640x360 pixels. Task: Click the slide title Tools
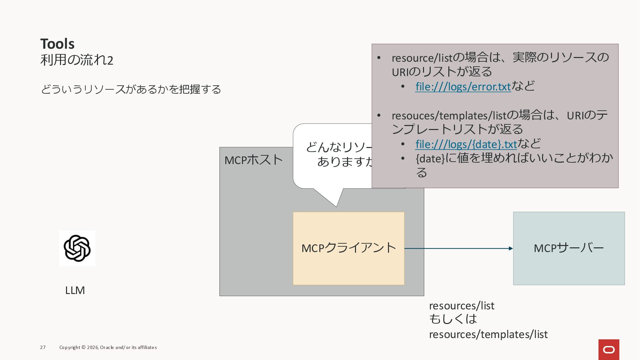click(57, 44)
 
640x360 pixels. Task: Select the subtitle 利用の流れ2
click(77, 60)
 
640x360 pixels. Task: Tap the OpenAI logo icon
click(77, 248)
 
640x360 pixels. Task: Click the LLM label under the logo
click(75, 290)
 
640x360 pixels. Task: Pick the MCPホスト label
click(253, 160)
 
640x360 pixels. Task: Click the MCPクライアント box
click(348, 248)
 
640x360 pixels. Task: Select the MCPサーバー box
click(569, 248)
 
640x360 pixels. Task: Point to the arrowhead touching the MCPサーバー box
click(511, 248)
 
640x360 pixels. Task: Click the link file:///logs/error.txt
click(463, 87)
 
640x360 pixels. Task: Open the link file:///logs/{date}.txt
click(466, 144)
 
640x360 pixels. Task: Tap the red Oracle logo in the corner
click(609, 349)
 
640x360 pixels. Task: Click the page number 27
click(43, 347)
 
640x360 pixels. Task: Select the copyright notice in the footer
click(108, 347)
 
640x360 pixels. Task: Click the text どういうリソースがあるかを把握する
click(131, 89)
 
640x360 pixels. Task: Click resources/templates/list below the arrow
click(488, 334)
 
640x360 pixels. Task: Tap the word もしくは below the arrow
click(453, 319)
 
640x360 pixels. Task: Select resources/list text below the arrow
click(462, 306)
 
